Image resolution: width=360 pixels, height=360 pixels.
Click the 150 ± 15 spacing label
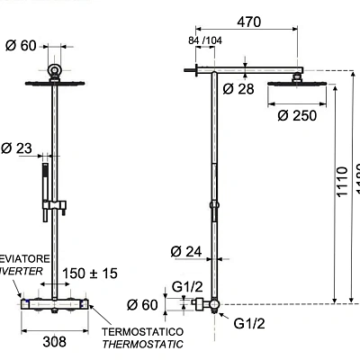[x=91, y=274]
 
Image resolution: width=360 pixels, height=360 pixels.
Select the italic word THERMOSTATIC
[x=143, y=344]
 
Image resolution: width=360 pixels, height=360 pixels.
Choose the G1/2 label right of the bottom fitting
[x=252, y=323]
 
